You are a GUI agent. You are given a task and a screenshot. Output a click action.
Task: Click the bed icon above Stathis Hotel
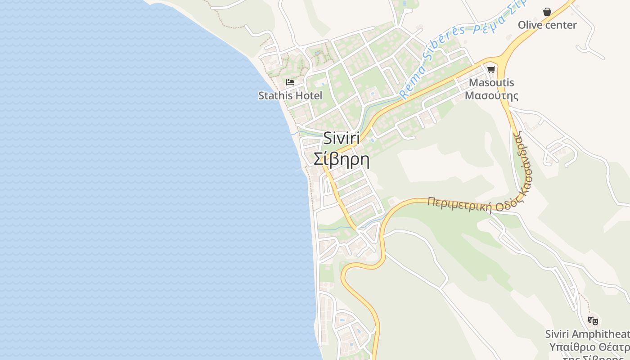[290, 82]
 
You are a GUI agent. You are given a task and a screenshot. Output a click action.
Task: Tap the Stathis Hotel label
[290, 95]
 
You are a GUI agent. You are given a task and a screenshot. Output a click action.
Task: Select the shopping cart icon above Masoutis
[491, 69]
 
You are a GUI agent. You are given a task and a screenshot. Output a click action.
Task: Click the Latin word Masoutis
[491, 83]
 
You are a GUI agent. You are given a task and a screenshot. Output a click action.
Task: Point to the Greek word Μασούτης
[491, 95]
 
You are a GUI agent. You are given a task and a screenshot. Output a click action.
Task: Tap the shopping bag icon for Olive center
[547, 12]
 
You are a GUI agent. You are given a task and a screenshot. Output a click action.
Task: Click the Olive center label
[547, 25]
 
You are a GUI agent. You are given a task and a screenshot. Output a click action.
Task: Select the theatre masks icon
[593, 321]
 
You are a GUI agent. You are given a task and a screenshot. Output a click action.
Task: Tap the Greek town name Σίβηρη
[342, 159]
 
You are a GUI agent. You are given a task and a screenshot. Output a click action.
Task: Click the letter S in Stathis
[261, 95]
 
